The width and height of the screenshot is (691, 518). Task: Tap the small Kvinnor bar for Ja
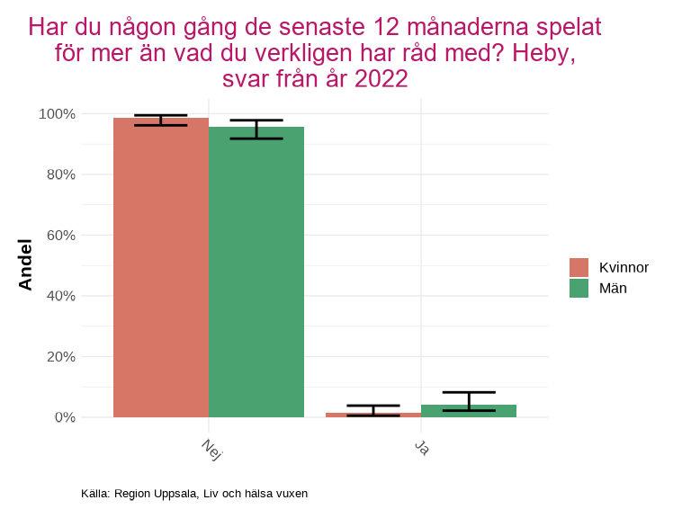[x=373, y=415]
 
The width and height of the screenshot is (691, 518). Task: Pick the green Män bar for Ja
[x=469, y=411]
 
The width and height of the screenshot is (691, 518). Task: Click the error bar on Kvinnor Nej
[x=161, y=121]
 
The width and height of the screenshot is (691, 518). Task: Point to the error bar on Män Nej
[x=256, y=129]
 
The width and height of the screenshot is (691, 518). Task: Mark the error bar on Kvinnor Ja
[x=373, y=410]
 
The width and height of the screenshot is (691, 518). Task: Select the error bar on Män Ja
[x=469, y=401]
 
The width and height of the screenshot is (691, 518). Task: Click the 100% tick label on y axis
[x=57, y=114]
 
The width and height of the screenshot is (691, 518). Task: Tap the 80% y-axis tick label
[x=60, y=174]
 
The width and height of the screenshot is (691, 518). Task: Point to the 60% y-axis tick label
[x=60, y=236]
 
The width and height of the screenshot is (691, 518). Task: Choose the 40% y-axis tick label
[x=60, y=296]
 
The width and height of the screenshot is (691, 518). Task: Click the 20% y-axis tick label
[x=60, y=357]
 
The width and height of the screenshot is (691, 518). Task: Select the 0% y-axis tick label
[x=64, y=417]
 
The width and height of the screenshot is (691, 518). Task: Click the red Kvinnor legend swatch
[x=579, y=267]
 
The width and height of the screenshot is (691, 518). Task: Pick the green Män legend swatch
[x=579, y=288]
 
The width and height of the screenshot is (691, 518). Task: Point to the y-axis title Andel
[x=25, y=264]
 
